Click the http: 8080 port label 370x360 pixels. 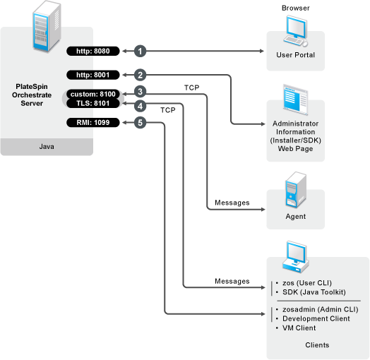(93, 52)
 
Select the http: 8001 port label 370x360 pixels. (93, 75)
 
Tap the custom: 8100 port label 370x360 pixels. (93, 94)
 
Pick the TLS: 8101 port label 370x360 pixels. (93, 103)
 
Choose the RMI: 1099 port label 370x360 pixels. (93, 123)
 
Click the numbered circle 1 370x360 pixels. (141, 52)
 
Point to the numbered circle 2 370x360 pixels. (141, 75)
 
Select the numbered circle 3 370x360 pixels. (141, 92)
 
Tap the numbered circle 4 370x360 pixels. (141, 106)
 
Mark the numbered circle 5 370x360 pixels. (141, 123)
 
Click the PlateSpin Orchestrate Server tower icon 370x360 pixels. (47, 26)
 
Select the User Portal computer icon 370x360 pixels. (296, 30)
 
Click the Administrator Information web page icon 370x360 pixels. (296, 100)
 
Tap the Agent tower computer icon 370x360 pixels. (296, 190)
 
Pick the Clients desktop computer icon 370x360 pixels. (296, 257)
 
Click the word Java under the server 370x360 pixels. (47, 147)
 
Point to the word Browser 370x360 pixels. (296, 8)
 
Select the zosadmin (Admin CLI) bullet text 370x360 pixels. (320, 309)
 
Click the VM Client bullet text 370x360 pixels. (299, 328)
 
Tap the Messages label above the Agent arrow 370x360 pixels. (232, 203)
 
